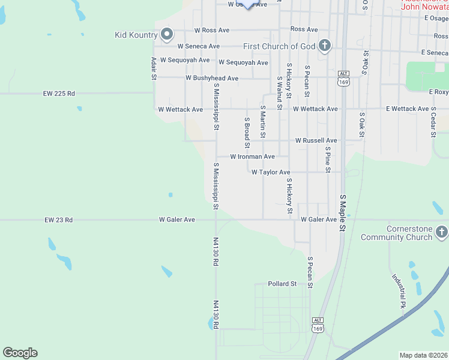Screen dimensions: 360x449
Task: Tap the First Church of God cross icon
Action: (x=325, y=46)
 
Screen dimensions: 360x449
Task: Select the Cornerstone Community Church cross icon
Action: (x=441, y=232)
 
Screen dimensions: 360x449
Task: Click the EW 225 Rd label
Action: (x=59, y=94)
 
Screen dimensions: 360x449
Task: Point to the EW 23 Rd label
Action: (x=58, y=220)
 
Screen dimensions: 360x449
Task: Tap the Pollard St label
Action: (x=282, y=284)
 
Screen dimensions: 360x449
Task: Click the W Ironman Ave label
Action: (x=252, y=157)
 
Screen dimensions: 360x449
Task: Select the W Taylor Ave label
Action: (x=270, y=172)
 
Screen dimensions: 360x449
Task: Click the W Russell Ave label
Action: (x=316, y=140)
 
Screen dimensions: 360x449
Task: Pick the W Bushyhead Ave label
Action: (x=212, y=78)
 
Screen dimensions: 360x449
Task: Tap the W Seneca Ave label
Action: (x=199, y=46)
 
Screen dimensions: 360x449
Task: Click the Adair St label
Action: (x=154, y=68)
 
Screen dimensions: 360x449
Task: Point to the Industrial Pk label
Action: (x=399, y=291)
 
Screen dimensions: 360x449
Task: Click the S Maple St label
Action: (x=343, y=213)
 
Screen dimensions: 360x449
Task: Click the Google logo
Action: (x=20, y=353)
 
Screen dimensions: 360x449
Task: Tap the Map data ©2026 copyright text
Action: (x=423, y=355)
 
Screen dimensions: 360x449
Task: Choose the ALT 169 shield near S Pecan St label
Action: (x=343, y=77)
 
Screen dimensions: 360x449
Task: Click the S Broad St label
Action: (x=246, y=132)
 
